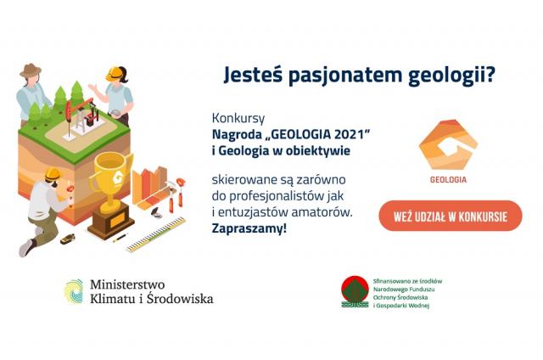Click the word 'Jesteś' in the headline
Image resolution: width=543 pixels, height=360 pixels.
pos(253,76)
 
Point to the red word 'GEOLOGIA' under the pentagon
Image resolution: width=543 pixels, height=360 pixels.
pos(448,179)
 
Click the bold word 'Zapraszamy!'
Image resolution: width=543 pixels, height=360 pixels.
pos(249,228)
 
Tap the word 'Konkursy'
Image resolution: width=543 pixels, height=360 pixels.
pos(238,119)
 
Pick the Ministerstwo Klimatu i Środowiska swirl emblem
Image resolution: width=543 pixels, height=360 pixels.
pos(74,292)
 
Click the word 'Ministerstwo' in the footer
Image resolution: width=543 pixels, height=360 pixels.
pos(127,284)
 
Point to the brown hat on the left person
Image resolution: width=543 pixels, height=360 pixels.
pos(31,70)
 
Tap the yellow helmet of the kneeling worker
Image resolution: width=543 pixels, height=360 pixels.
pos(53,174)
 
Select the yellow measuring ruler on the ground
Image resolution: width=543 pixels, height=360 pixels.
pos(156,234)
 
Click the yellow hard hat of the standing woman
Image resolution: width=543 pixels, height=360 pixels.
pos(114,74)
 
